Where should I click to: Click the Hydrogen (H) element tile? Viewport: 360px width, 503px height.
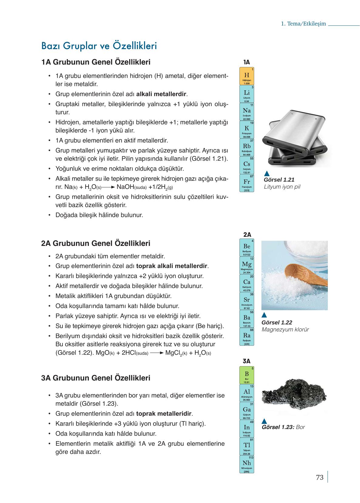pyautogui.click(x=247, y=76)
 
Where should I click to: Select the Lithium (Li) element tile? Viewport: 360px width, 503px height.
pyautogui.click(x=247, y=94)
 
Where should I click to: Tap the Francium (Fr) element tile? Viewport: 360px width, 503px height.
pyautogui.click(x=247, y=183)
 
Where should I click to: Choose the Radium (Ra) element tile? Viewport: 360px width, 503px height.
pyautogui.click(x=247, y=337)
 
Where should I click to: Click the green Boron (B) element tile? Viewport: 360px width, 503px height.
pyautogui.click(x=247, y=375)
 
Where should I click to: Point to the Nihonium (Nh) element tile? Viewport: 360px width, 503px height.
pyautogui.click(x=247, y=464)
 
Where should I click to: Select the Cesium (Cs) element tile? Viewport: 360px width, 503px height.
pyautogui.click(x=247, y=165)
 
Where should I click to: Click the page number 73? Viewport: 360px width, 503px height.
pyautogui.click(x=320, y=478)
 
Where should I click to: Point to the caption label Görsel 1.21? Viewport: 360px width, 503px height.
pyautogui.click(x=279, y=179)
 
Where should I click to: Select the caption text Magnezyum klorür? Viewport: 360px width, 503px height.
pyautogui.click(x=285, y=330)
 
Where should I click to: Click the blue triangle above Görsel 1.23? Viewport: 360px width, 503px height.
pyautogui.click(x=264, y=421)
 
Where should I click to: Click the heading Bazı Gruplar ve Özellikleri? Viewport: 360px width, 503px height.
pyautogui.click(x=99, y=46)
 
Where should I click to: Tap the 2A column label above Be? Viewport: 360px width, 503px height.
pyautogui.click(x=247, y=234)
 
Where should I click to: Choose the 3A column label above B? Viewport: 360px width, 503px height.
pyautogui.click(x=247, y=361)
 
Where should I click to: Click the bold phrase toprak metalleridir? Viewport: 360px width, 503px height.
pyautogui.click(x=164, y=414)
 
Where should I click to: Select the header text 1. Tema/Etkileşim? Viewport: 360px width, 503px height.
pyautogui.click(x=303, y=24)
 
